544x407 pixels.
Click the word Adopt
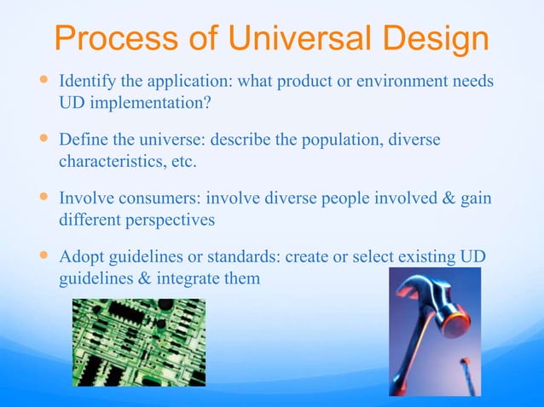point(82,256)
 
